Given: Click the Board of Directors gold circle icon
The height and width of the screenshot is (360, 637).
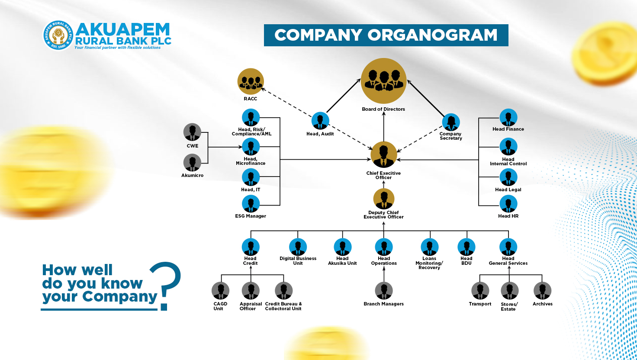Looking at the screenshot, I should [383, 81].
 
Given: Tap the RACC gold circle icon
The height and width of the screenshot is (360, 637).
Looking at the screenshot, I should [251, 81].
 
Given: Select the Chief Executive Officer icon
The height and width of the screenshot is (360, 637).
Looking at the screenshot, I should [383, 154].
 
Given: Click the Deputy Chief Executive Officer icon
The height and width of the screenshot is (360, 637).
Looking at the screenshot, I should [383, 199].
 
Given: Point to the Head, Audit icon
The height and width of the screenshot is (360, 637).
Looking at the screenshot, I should [320, 121].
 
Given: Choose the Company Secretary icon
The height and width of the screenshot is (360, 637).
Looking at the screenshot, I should [451, 122].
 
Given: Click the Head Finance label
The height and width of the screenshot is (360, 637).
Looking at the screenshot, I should [508, 129].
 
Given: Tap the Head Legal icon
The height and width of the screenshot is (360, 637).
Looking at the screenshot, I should [508, 177].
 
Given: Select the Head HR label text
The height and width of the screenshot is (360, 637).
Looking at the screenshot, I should [508, 216].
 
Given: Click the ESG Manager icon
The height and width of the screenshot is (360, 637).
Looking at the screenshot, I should [251, 204].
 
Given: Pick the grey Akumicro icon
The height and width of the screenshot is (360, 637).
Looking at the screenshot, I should [192, 163].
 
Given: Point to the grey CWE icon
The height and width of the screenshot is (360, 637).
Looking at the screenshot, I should [192, 132].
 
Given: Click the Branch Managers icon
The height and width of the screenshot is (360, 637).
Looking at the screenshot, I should [383, 291].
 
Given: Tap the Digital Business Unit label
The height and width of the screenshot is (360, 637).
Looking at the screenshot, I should [298, 260].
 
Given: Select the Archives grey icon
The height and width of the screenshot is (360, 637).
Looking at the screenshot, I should [542, 291].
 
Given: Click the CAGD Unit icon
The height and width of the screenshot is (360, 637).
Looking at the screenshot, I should [220, 291].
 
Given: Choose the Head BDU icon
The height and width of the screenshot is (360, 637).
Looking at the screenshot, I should [466, 247].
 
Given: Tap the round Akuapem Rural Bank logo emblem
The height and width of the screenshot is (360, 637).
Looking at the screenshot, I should [58, 35].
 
